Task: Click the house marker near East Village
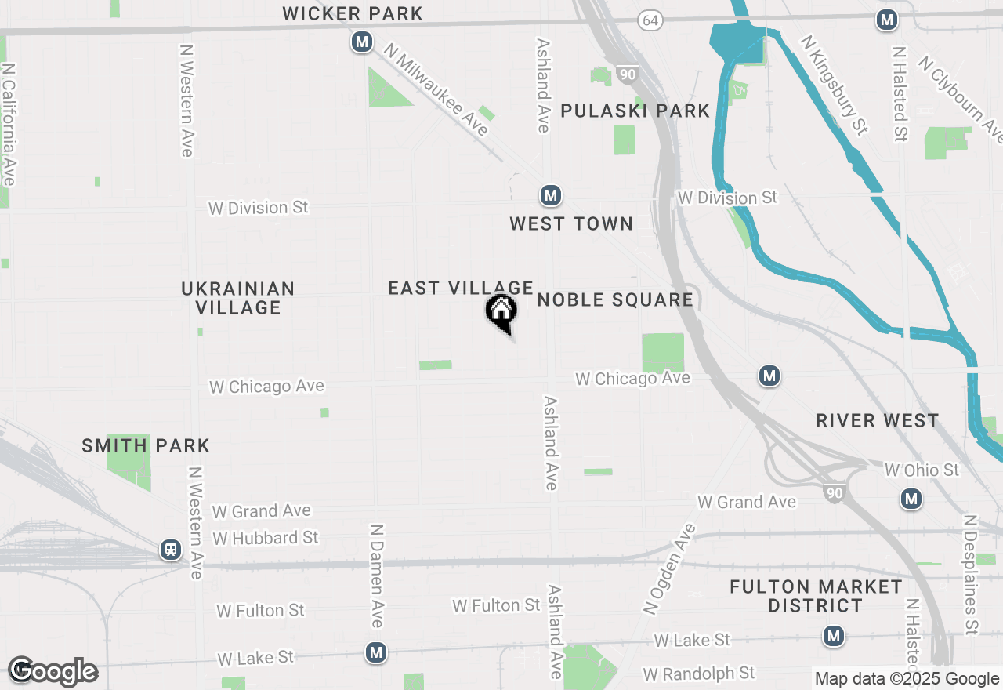[501, 312]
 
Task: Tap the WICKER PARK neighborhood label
[353, 13]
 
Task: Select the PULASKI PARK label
[635, 111]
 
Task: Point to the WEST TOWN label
[570, 223]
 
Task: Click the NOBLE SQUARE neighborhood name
[615, 300]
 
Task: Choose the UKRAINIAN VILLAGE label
[238, 298]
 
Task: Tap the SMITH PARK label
[146, 446]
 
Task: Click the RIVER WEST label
[877, 420]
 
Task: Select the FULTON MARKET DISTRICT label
[816, 596]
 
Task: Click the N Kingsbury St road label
[835, 85]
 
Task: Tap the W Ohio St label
[922, 470]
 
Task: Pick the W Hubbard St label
[266, 538]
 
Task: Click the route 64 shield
[650, 20]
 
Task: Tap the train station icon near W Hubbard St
[171, 550]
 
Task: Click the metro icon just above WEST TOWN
[551, 195]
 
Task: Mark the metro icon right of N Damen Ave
[377, 652]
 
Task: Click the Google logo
[53, 672]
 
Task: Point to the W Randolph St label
[698, 674]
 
